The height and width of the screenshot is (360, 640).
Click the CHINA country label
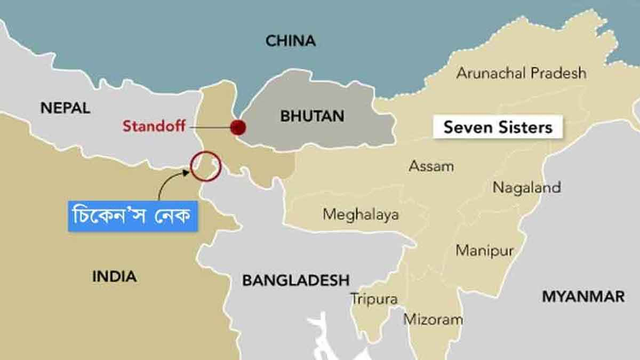click(x=290, y=41)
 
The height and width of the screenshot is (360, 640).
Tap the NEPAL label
click(x=65, y=108)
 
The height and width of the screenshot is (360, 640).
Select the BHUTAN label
click(x=312, y=116)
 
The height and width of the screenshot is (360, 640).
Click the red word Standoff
click(x=154, y=126)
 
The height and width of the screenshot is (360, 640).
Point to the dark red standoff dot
click(x=238, y=127)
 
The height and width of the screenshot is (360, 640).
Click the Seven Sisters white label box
click(x=498, y=127)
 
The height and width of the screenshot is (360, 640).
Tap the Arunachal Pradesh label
click(x=521, y=73)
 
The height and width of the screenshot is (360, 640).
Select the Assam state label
click(x=431, y=166)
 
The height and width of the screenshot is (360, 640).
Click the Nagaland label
click(x=526, y=187)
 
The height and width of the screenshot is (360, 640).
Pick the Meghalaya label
click(x=361, y=214)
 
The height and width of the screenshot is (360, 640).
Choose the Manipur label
click(x=484, y=251)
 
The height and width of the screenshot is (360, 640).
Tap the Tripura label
click(x=374, y=299)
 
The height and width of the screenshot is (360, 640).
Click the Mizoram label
click(x=433, y=319)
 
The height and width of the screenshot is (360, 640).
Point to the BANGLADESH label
click(x=296, y=280)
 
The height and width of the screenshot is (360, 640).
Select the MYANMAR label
click(x=583, y=297)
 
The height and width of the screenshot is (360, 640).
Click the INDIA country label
click(x=114, y=276)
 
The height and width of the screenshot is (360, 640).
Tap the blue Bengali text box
click(x=133, y=216)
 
